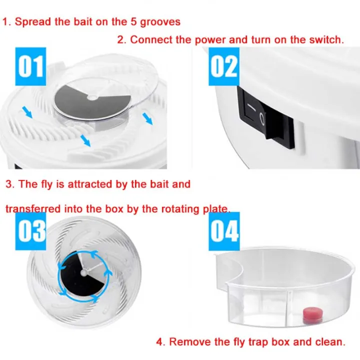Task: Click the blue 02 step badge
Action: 224,65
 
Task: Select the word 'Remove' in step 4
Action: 188,342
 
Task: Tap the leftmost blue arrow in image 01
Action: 27,113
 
